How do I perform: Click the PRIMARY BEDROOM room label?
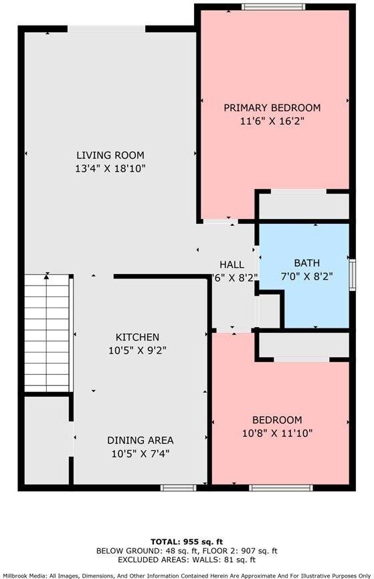point(272,107)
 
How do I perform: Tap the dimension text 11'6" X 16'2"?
point(272,121)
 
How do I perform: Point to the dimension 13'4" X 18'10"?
point(110,169)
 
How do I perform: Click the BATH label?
point(306,263)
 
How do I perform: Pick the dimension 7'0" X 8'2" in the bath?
point(306,275)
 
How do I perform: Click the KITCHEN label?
point(137,337)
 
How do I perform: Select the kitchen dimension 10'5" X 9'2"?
point(137,350)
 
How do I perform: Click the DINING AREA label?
point(141,440)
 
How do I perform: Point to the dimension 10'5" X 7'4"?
point(141,453)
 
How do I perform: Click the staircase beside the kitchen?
point(48,334)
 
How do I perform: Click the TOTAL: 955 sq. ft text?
point(187,540)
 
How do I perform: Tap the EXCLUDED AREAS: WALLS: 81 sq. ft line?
point(187,558)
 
